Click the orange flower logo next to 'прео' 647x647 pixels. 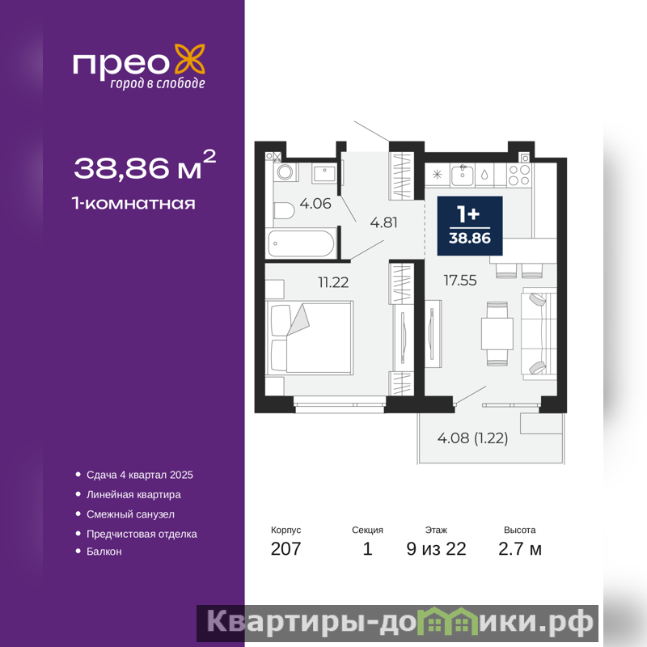coord(190,59)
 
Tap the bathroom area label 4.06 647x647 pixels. coord(315,204)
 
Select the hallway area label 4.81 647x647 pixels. coord(383,222)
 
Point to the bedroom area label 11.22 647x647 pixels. coord(333,282)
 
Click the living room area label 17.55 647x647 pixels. coord(460,281)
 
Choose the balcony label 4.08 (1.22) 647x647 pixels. coord(472,438)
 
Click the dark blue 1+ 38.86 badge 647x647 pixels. coord(470,226)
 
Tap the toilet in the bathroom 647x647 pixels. coord(284,211)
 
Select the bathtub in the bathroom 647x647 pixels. coord(301,243)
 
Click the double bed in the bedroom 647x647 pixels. coord(310,337)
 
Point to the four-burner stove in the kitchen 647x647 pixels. coord(519,175)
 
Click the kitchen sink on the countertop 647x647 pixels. coord(463,175)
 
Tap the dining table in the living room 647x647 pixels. coord(497,334)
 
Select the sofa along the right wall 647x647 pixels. coord(539,333)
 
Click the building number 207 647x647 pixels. coord(286,549)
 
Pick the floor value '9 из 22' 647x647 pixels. coord(436,549)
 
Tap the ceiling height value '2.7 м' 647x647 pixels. coord(520,549)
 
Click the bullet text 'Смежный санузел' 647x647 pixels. coord(130,514)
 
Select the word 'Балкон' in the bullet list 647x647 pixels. coord(104,552)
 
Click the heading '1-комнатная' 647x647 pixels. coord(133,204)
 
